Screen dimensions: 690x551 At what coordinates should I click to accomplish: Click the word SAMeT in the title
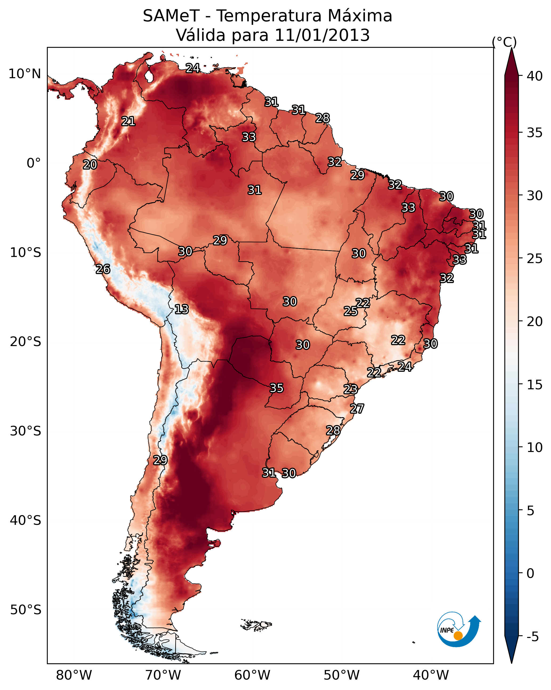[171, 16]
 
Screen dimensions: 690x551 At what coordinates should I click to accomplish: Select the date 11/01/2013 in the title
[322, 35]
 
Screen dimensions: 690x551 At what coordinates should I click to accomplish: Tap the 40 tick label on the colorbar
[535, 76]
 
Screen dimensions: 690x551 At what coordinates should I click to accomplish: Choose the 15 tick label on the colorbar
[535, 385]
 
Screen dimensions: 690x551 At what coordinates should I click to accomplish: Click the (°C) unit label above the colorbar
[504, 42]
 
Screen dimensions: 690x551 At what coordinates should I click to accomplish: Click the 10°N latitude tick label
[25, 74]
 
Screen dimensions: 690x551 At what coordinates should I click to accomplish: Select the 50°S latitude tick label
[26, 610]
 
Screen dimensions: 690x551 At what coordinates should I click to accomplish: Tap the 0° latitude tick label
[34, 163]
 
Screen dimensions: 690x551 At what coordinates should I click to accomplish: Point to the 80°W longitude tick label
[74, 675]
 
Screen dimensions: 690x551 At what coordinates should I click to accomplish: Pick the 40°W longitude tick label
[431, 675]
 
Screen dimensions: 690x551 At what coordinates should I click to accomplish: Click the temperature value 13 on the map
[182, 309]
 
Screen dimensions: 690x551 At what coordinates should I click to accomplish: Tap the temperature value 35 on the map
[277, 388]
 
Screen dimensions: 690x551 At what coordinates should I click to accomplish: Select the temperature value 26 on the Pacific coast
[103, 269]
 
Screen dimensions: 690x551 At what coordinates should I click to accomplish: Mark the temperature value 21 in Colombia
[128, 121]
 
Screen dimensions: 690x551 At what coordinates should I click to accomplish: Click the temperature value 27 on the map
[357, 409]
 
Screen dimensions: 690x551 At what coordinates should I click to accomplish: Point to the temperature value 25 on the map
[351, 311]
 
